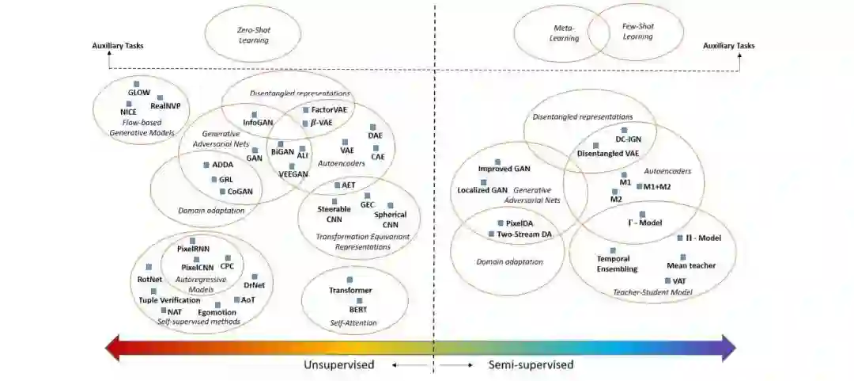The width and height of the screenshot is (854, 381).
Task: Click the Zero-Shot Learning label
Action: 252,34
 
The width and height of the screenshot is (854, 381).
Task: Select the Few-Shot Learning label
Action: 638,31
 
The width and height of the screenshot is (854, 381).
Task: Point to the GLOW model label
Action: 138,93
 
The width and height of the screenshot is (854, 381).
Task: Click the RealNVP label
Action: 167,105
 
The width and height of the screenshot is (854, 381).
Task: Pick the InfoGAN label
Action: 258,123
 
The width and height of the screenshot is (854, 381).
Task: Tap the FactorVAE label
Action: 331,109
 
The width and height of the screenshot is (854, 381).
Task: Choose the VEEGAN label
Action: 293,173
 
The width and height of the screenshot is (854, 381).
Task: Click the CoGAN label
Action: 240,191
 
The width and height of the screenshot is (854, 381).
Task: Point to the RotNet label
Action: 149,279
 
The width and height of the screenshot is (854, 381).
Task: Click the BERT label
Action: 359,309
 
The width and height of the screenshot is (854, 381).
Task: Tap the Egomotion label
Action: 217,312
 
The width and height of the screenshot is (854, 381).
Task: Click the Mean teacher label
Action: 691,265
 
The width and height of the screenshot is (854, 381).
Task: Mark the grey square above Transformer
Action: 350,280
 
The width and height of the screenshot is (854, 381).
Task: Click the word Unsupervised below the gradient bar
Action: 339,365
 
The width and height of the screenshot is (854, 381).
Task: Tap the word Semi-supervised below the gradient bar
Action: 530,365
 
